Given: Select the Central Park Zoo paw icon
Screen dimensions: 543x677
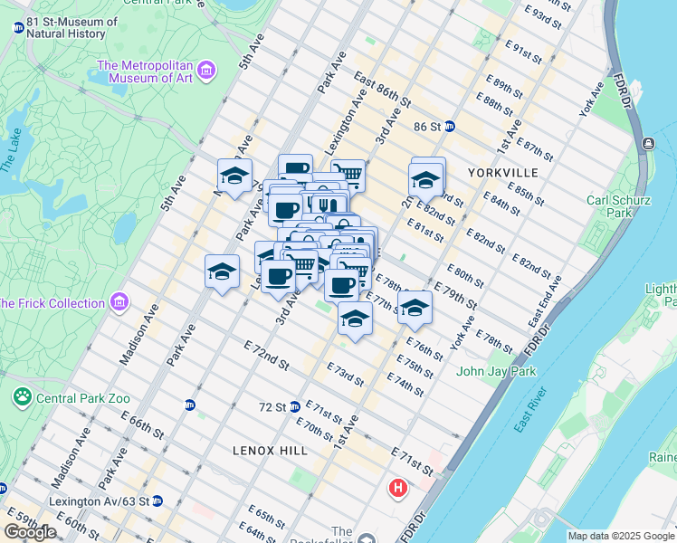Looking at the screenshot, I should coord(22,396).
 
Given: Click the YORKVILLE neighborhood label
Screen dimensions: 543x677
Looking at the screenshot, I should coord(503,172).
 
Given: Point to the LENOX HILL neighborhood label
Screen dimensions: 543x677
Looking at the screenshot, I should coord(270,450).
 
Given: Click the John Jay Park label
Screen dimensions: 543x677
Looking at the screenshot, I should coord(496,371).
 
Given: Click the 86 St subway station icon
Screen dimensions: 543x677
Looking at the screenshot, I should coord(449,127).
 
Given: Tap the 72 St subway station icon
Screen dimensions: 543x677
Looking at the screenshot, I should coord(295,407).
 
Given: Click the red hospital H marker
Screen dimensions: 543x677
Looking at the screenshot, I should coord(396,490).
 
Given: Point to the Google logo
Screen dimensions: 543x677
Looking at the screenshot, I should coord(30,532).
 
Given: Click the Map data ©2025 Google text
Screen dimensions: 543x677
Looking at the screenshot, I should coord(621,536).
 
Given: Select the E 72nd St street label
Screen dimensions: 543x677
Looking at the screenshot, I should coord(266,356).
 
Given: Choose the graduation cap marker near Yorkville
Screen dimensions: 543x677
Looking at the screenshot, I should coord(425,181).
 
